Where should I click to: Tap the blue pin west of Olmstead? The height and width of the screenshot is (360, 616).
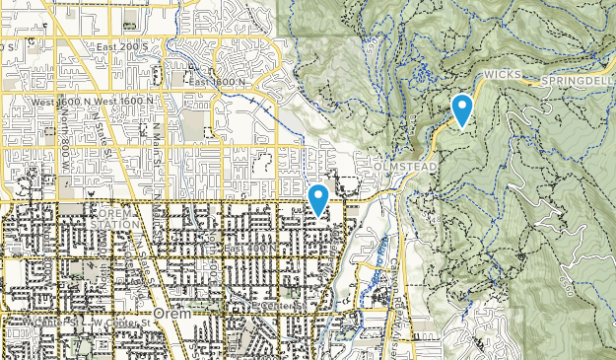click(x=318, y=199)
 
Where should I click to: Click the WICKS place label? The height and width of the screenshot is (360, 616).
click(x=501, y=74)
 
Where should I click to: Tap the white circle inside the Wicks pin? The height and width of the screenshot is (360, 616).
click(x=461, y=104)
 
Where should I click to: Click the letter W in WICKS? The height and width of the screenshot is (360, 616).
click(x=487, y=74)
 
